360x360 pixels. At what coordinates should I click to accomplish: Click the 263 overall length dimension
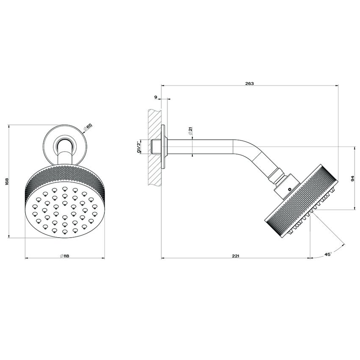[249, 83]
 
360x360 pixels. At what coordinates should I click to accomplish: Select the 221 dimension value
[236, 255]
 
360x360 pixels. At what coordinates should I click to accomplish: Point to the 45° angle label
[328, 254]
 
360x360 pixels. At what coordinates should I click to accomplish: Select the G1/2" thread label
[138, 147]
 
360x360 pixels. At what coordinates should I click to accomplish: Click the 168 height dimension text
[6, 181]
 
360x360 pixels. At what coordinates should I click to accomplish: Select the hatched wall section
[155, 146]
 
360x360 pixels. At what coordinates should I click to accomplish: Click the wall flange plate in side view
[165, 147]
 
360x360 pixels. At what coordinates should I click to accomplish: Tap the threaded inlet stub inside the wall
[155, 147]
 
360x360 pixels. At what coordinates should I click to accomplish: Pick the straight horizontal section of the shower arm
[203, 147]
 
